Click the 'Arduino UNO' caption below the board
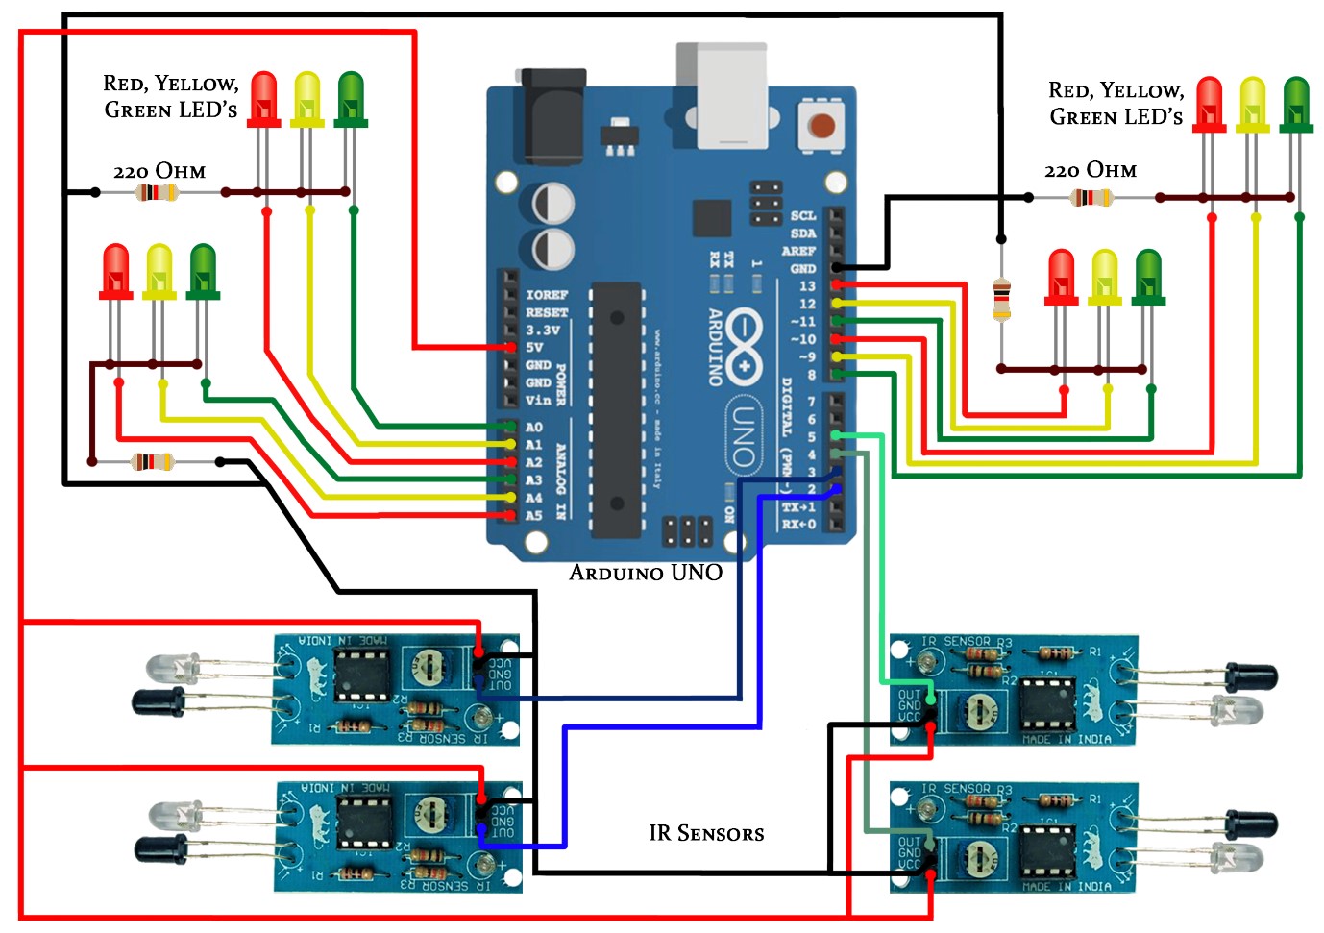pyautogui.click(x=646, y=573)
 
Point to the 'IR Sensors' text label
pyautogui.click(x=706, y=833)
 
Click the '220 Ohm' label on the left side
pyautogui.click(x=159, y=171)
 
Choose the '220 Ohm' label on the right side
pyautogui.click(x=1091, y=170)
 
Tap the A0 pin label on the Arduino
pyautogui.click(x=533, y=427)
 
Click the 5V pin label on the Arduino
pyautogui.click(x=533, y=347)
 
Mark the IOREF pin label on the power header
pyautogui.click(x=546, y=294)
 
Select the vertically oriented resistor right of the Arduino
pyautogui.click(x=1001, y=299)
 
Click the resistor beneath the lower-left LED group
pyautogui.click(x=154, y=462)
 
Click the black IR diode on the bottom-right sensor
pyautogui.click(x=1250, y=823)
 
